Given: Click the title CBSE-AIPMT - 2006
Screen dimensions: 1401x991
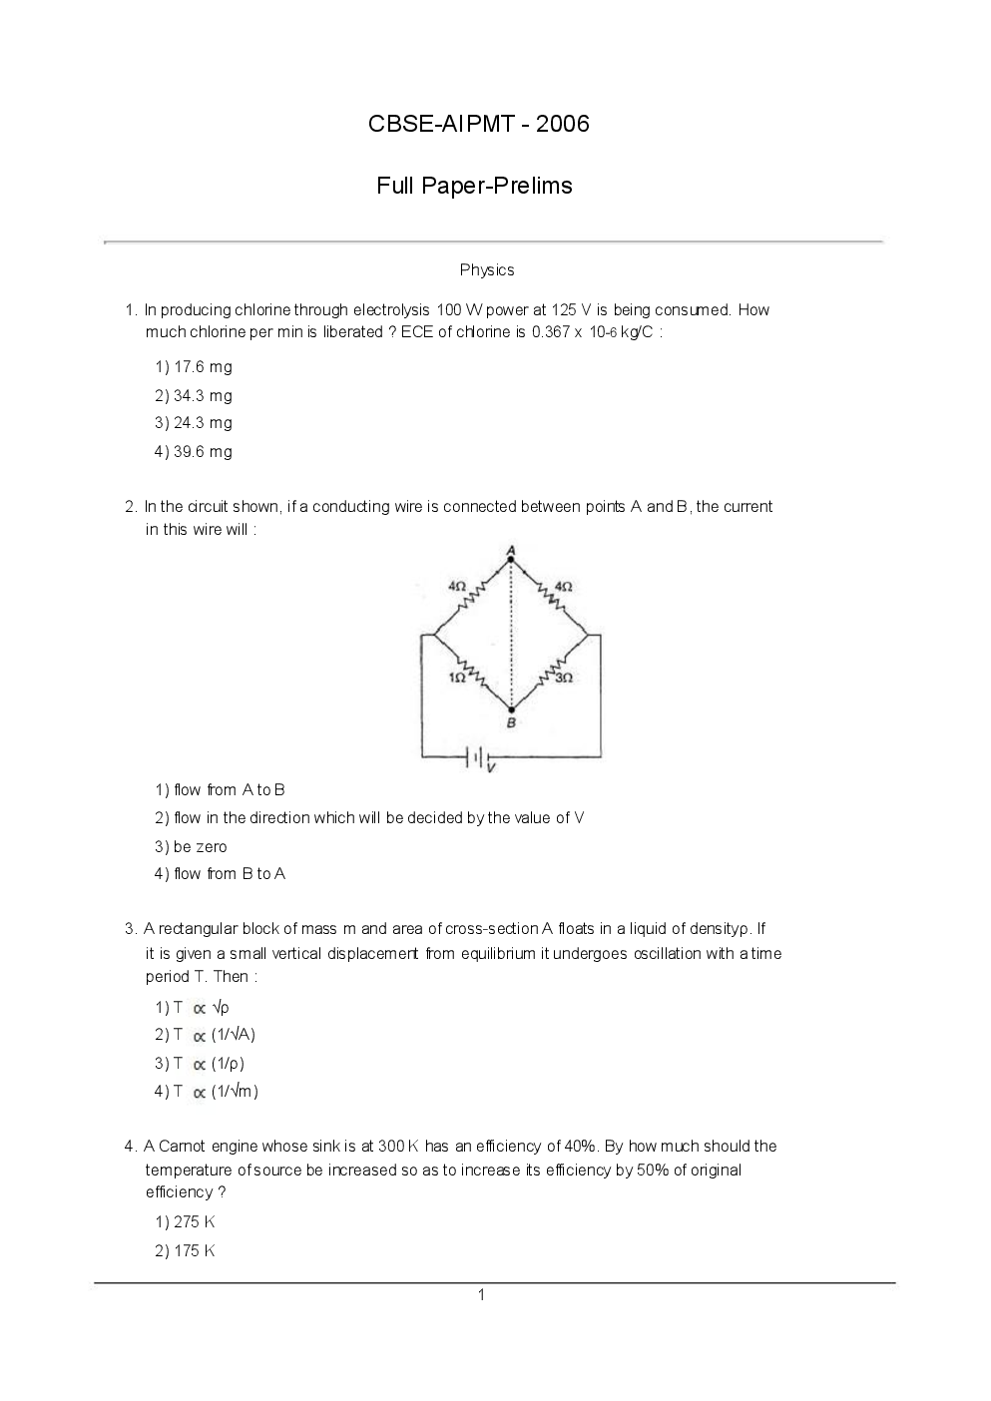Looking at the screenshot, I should tap(479, 124).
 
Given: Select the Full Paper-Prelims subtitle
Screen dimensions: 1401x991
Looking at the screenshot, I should tap(474, 186).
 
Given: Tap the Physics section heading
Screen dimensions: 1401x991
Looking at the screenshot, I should tap(487, 269).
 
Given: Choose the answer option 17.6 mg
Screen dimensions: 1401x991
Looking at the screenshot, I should tap(194, 367).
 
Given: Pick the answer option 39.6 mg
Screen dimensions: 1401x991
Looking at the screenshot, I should tap(194, 452).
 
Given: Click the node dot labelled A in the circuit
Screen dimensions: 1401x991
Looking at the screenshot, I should tap(511, 560).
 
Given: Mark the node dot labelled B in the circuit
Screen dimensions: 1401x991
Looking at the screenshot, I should tap(511, 709).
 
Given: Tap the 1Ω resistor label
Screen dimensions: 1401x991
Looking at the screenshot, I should tap(457, 678).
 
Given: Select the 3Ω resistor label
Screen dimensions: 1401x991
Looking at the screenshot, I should tap(564, 678).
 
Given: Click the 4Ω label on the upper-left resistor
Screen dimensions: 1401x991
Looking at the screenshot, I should tap(457, 587).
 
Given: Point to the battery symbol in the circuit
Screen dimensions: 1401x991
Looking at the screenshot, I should tap(479, 758).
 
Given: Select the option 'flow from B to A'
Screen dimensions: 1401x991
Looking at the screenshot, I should tap(221, 874).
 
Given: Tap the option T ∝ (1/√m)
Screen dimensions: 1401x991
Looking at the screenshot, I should tap(207, 1092).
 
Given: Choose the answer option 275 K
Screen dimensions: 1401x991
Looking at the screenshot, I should tap(186, 1222).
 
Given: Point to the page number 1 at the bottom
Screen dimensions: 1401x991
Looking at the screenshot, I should tap(481, 1295).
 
